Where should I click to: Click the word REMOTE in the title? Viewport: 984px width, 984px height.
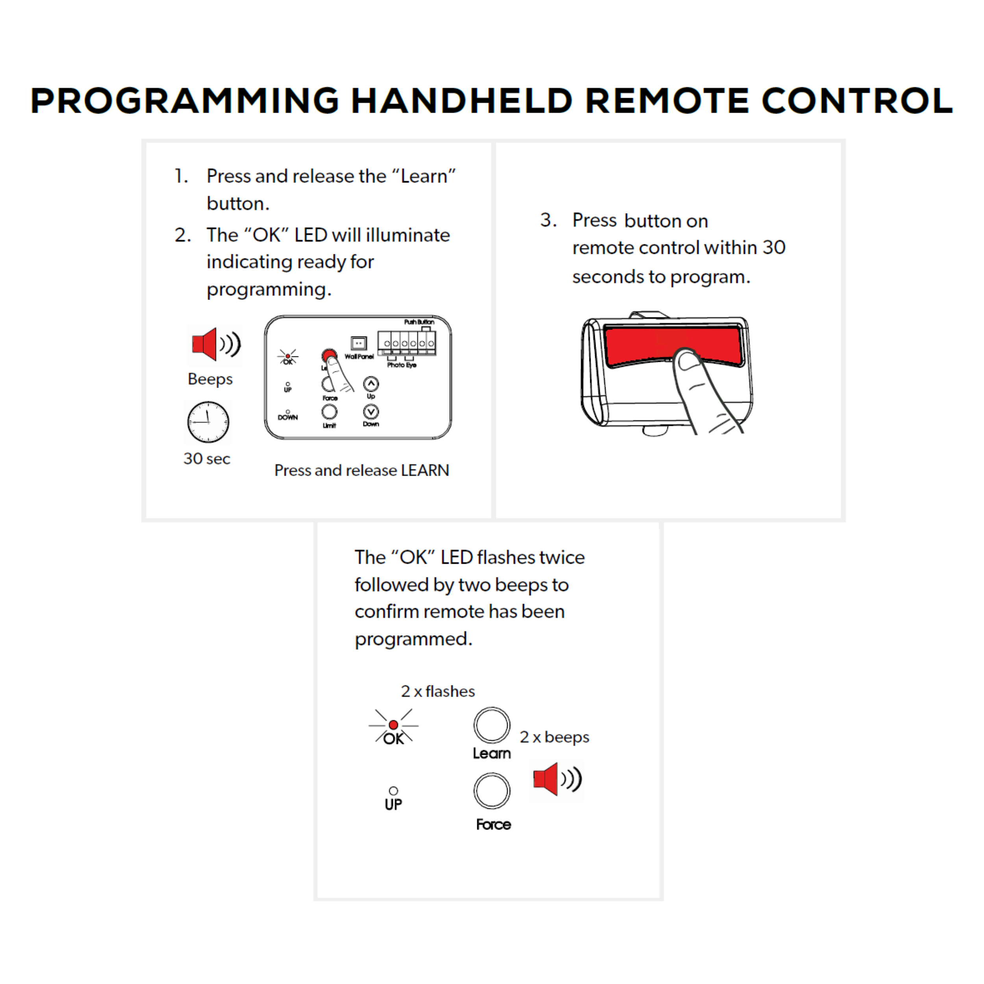coord(667,100)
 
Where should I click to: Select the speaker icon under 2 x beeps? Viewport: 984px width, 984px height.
coord(557,779)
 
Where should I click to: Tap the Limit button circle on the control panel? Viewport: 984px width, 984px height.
coord(329,411)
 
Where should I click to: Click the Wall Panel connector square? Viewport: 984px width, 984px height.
coord(359,343)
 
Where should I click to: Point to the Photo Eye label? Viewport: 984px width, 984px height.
coord(401,365)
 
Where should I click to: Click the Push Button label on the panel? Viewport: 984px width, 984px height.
coord(419,322)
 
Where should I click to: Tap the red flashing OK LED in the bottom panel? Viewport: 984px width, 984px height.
coord(393,725)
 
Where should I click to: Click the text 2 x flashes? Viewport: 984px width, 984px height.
coord(438,691)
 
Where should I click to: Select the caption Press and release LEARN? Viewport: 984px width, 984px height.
coord(362,470)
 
